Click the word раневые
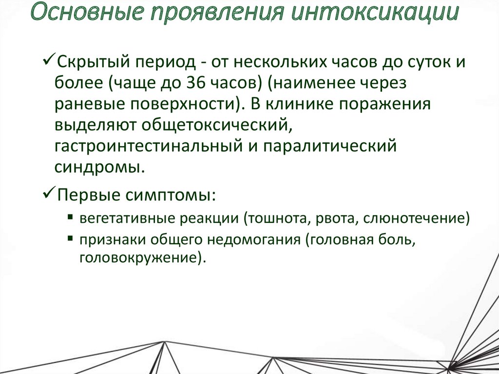pos(86,104)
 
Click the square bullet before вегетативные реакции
pos(71,217)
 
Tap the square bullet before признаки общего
pos(71,238)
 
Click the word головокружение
pos(137,257)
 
